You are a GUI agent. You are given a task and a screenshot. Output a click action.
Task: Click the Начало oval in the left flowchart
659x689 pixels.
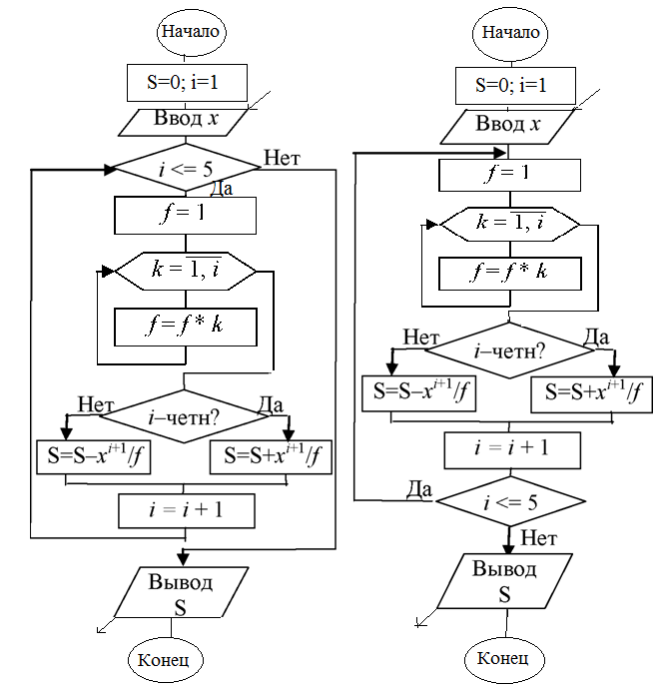(x=191, y=32)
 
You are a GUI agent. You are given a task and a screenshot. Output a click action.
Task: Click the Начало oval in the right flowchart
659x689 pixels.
(x=510, y=33)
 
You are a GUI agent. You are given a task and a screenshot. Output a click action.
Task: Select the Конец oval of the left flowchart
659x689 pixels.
(x=166, y=660)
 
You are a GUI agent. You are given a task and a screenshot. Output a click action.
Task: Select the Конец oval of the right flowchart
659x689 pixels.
(x=504, y=659)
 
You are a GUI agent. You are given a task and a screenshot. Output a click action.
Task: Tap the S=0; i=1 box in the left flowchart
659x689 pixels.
(x=187, y=83)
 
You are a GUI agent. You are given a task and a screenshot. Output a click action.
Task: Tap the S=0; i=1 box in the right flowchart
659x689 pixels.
(x=515, y=86)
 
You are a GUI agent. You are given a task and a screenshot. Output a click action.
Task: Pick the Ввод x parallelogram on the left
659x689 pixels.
(x=184, y=122)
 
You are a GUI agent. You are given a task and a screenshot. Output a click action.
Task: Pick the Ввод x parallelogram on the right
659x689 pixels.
(x=508, y=126)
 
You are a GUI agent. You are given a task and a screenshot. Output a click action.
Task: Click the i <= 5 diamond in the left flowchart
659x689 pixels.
(x=187, y=169)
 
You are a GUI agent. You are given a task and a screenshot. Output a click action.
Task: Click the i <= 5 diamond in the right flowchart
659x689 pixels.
(x=510, y=501)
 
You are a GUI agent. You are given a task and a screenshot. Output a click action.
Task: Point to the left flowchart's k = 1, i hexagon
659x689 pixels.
(x=186, y=272)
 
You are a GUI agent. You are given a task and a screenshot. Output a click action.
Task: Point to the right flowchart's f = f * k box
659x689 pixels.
(x=510, y=274)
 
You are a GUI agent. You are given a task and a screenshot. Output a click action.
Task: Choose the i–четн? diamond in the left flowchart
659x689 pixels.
(x=184, y=416)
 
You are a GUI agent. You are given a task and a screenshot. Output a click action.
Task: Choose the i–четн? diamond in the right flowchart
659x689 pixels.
(x=509, y=350)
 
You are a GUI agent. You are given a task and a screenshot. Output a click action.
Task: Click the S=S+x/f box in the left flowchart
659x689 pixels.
(x=271, y=457)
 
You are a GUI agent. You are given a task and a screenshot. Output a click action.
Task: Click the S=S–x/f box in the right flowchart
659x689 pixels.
(x=418, y=393)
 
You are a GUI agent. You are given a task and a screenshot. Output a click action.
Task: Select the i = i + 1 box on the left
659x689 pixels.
(x=187, y=510)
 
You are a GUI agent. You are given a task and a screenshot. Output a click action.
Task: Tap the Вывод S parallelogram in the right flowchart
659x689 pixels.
(x=505, y=581)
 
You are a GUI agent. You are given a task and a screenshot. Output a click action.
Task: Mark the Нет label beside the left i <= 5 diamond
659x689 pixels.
(x=282, y=158)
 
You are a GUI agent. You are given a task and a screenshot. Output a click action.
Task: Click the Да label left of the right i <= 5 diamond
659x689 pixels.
(x=419, y=489)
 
